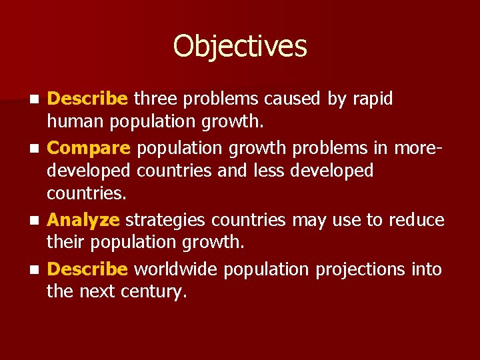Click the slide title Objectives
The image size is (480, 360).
(x=240, y=47)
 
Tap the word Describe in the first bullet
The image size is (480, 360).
(x=87, y=99)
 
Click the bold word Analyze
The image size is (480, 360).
(x=84, y=219)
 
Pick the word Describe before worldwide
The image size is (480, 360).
(x=87, y=269)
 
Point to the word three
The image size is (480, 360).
(x=155, y=99)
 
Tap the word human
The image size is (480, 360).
(x=76, y=123)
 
